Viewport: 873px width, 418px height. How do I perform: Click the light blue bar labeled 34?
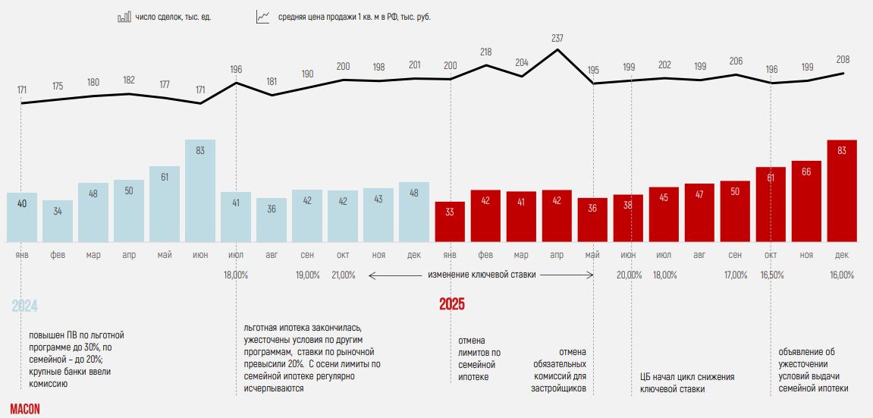(58, 222)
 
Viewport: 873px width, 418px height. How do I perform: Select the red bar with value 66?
(806, 202)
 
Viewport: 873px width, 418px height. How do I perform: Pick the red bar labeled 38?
(628, 218)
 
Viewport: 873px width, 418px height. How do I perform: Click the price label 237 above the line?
(557, 37)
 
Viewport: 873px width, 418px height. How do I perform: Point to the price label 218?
(486, 52)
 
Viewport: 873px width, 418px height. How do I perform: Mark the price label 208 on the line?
(842, 59)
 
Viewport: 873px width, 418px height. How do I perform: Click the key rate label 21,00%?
(343, 275)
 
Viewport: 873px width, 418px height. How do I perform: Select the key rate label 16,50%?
(771, 275)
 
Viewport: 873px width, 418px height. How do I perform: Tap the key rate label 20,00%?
(629, 275)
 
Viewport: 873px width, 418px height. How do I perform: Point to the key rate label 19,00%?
(307, 275)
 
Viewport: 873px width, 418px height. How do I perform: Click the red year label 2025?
(452, 305)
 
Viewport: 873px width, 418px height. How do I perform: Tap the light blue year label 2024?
(24, 306)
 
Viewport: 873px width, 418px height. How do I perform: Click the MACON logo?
(25, 409)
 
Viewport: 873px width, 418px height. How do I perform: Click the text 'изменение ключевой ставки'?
(482, 275)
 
